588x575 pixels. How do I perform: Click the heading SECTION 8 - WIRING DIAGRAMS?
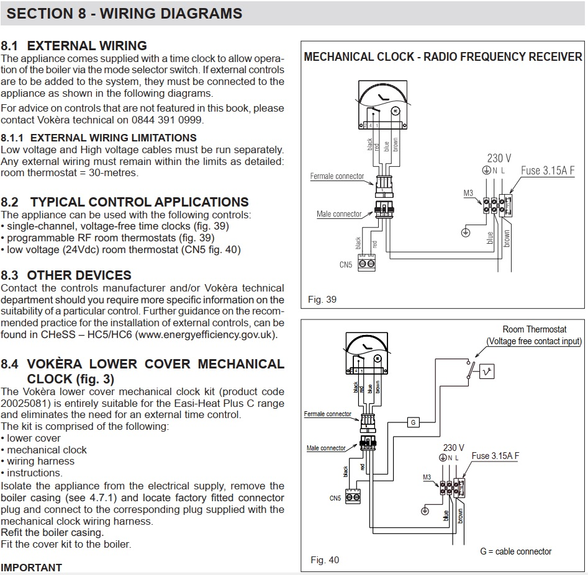(x=122, y=13)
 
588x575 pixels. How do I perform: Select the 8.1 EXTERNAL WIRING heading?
(x=74, y=46)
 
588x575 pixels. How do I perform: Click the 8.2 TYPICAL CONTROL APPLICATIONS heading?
(x=125, y=202)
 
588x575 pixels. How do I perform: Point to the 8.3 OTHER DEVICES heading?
(x=66, y=275)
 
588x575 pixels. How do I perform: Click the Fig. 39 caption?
(x=322, y=300)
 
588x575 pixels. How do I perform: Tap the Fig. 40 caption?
(x=325, y=560)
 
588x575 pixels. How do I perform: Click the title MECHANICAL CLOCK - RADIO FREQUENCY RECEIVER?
(x=443, y=57)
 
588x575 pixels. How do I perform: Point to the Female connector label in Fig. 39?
(x=337, y=176)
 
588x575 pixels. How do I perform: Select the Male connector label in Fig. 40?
(x=326, y=448)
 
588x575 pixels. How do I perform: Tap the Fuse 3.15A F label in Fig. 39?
(x=548, y=171)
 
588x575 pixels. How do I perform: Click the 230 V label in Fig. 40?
(x=453, y=447)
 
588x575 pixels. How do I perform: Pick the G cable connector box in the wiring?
(x=413, y=422)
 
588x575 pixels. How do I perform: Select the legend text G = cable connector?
(x=515, y=551)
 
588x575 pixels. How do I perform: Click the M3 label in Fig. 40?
(x=427, y=477)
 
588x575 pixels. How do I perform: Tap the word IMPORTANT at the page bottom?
(x=32, y=568)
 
